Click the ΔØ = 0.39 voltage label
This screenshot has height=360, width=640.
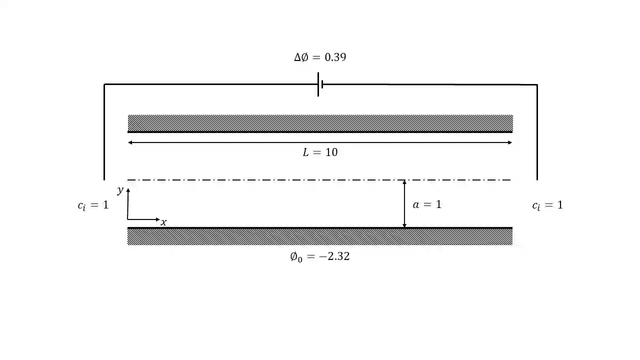coord(320,57)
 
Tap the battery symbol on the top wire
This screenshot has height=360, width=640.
coord(320,84)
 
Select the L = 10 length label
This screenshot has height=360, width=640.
coord(320,152)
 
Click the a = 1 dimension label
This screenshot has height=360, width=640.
coord(427,204)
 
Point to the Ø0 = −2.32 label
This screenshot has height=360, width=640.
coord(319,256)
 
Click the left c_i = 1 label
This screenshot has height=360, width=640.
coord(93,205)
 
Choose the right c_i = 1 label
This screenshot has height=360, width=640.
coord(547,205)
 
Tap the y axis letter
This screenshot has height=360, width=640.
coord(120,190)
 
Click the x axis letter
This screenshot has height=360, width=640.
coord(163,222)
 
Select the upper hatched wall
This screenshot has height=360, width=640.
coord(320,123)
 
